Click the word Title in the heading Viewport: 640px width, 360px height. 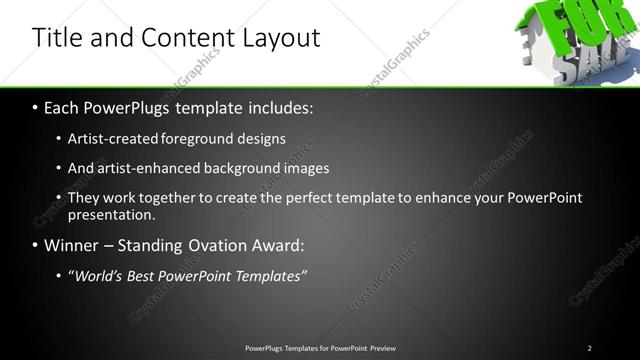coord(59,38)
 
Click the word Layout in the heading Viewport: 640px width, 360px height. coord(281,38)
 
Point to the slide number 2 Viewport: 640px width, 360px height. coord(589,348)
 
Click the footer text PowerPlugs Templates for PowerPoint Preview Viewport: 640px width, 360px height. coord(320,348)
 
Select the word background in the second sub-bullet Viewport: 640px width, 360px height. coord(239,168)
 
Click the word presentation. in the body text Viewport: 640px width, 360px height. coord(111,214)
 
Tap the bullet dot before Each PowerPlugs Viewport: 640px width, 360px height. coord(36,106)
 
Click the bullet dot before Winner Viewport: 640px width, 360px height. coord(36,245)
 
